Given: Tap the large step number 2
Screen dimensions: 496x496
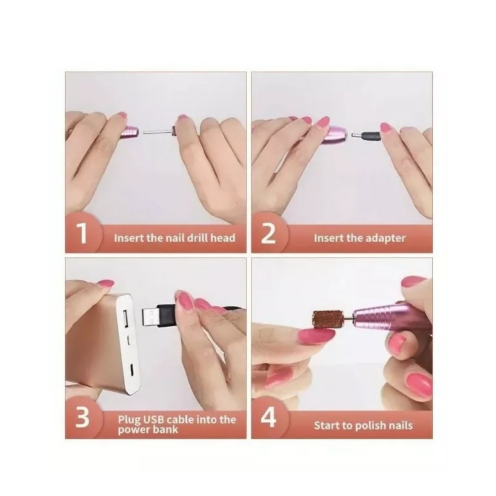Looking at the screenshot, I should coord(268,236).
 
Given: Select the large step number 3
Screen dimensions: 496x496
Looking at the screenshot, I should coord(82,418).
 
